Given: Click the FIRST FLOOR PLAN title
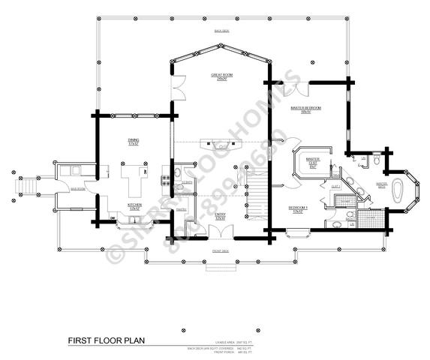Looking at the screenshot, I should [107, 340].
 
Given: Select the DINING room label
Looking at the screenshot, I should [134, 141].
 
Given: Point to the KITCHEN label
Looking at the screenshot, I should [135, 205].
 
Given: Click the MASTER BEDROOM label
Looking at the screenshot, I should [305, 109].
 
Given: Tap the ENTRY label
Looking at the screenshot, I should [220, 215].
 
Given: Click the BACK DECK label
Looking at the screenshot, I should [221, 31].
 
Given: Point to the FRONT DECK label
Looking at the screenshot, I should [220, 250].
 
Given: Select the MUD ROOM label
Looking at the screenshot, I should [78, 190].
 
